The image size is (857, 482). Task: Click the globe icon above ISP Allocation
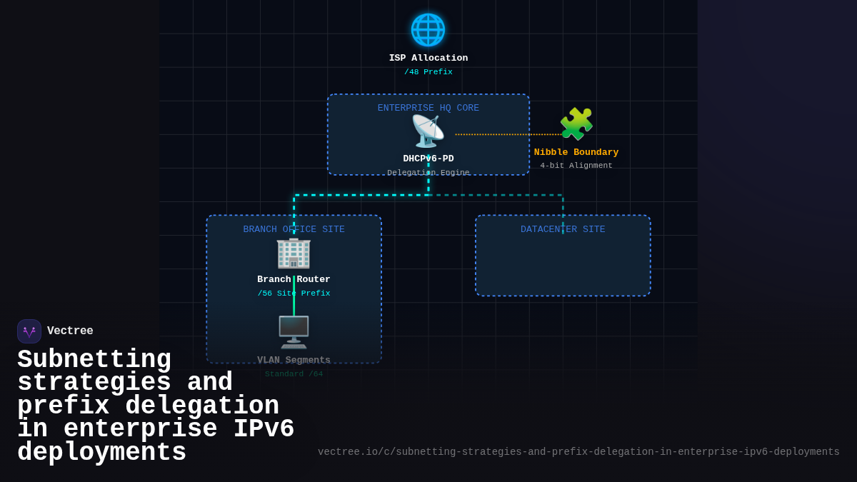click(428, 30)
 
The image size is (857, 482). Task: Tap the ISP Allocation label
click(428, 59)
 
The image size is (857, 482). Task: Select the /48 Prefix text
click(428, 72)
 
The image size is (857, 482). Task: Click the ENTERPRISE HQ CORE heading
click(428, 109)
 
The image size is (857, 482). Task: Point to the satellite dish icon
click(427, 131)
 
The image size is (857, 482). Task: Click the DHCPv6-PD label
click(428, 159)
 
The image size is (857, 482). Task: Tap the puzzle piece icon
click(576, 124)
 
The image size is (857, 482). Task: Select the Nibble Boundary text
click(576, 153)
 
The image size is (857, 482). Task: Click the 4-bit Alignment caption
click(576, 166)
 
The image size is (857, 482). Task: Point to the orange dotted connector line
click(507, 134)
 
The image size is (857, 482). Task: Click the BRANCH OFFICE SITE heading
click(294, 230)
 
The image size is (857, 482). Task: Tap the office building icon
click(294, 253)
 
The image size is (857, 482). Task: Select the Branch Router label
click(294, 280)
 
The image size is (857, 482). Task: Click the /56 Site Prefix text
click(294, 293)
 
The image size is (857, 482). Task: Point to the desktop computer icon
click(294, 332)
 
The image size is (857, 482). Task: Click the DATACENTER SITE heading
click(563, 230)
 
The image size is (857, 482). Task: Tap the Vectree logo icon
click(29, 331)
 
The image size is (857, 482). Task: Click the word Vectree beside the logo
click(70, 331)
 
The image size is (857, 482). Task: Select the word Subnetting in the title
click(94, 360)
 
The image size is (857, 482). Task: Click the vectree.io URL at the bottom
click(578, 452)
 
